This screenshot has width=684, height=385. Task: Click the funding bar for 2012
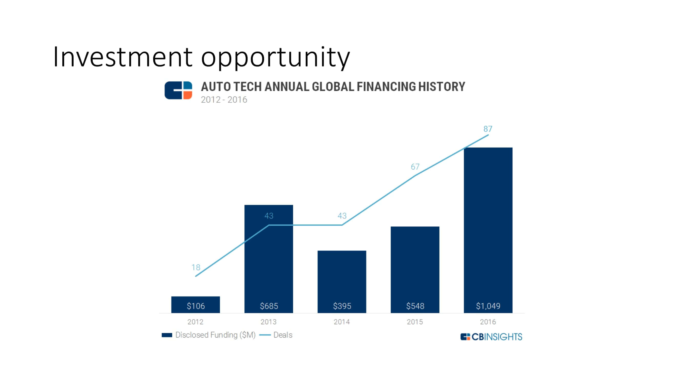(x=195, y=304)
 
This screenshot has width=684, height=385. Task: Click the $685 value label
(x=269, y=306)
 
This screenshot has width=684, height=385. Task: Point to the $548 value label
(x=415, y=306)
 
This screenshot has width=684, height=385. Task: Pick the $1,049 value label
(x=488, y=306)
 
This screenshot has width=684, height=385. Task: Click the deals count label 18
(x=196, y=267)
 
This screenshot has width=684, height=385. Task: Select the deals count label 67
(x=415, y=167)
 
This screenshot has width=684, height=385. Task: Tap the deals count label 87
(x=488, y=129)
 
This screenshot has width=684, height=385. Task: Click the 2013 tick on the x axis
(x=269, y=322)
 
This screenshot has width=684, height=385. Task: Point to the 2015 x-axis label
(x=415, y=322)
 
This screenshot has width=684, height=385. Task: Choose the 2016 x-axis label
(x=488, y=322)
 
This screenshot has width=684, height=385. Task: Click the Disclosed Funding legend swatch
(x=167, y=335)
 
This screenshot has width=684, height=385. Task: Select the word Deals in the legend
(x=283, y=335)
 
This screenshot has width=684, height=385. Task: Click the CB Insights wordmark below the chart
(x=491, y=337)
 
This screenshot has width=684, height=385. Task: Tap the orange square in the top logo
(x=188, y=95)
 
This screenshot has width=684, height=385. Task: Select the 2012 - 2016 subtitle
(x=224, y=100)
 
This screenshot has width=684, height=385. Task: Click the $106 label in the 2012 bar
(x=196, y=306)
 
